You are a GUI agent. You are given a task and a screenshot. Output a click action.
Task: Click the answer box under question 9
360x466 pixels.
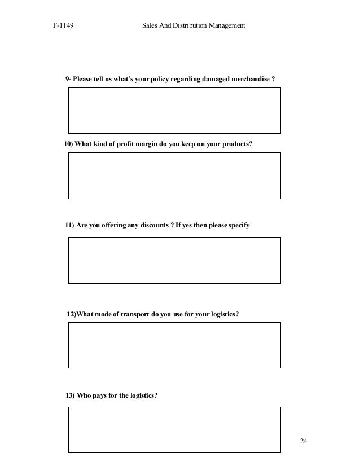pos(174,110)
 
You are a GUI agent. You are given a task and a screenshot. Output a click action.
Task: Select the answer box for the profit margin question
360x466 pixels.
pos(174,175)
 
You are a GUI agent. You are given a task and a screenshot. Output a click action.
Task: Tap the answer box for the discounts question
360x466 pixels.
pos(174,260)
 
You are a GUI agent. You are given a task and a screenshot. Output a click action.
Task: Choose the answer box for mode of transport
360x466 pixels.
pos(174,345)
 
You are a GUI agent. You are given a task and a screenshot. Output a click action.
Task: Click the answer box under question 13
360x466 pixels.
pos(174,430)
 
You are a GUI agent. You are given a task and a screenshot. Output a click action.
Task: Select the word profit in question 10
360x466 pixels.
pos(128,144)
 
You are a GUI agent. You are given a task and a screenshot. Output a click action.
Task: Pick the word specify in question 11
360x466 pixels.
pos(238,226)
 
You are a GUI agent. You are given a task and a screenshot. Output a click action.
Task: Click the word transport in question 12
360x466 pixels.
pos(135,314)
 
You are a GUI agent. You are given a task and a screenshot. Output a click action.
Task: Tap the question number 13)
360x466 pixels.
pos(70,395)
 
